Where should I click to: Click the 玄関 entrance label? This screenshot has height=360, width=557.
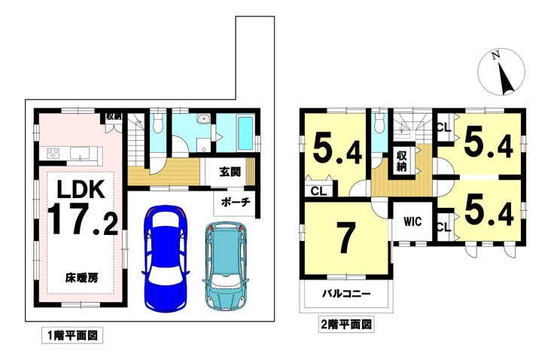(x=230, y=172)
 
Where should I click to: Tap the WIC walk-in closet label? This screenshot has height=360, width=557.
(x=411, y=222)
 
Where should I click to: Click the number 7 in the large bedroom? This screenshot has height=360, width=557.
(x=345, y=239)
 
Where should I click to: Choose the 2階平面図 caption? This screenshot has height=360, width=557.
(x=346, y=325)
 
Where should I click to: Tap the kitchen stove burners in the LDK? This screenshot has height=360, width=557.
(x=55, y=153)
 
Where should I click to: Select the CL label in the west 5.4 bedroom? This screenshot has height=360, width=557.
(x=318, y=191)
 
